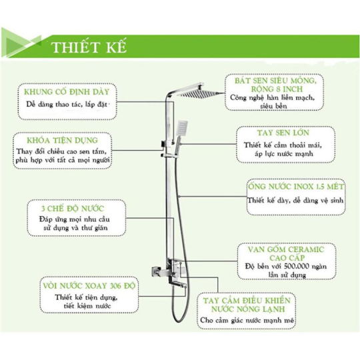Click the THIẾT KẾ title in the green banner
[89, 47]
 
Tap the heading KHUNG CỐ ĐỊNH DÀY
[67, 92]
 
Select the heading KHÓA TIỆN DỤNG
[63, 140]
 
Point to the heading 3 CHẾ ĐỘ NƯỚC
[73, 209]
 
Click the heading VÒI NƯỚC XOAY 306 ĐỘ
[89, 286]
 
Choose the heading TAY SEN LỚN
[283, 133]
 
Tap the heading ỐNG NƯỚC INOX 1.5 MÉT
[296, 187]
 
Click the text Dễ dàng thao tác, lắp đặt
[67, 105]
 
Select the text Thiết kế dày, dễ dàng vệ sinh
[295, 200]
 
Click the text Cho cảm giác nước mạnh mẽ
[247, 320]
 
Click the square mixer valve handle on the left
[156, 272]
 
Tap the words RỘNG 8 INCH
[277, 89]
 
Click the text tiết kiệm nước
[87, 306]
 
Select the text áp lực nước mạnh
[284, 153]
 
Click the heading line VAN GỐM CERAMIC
[286, 249]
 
